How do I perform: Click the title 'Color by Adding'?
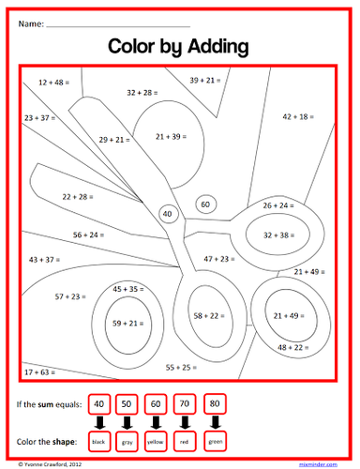[178, 45]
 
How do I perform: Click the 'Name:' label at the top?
[30, 21]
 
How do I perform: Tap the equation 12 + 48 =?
[57, 83]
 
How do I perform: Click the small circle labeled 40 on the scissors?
[168, 215]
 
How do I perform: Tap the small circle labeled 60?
[205, 204]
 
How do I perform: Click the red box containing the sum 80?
[215, 404]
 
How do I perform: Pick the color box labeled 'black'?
[98, 440]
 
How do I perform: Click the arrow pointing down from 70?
[186, 422]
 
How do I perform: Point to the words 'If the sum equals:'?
[48, 405]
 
